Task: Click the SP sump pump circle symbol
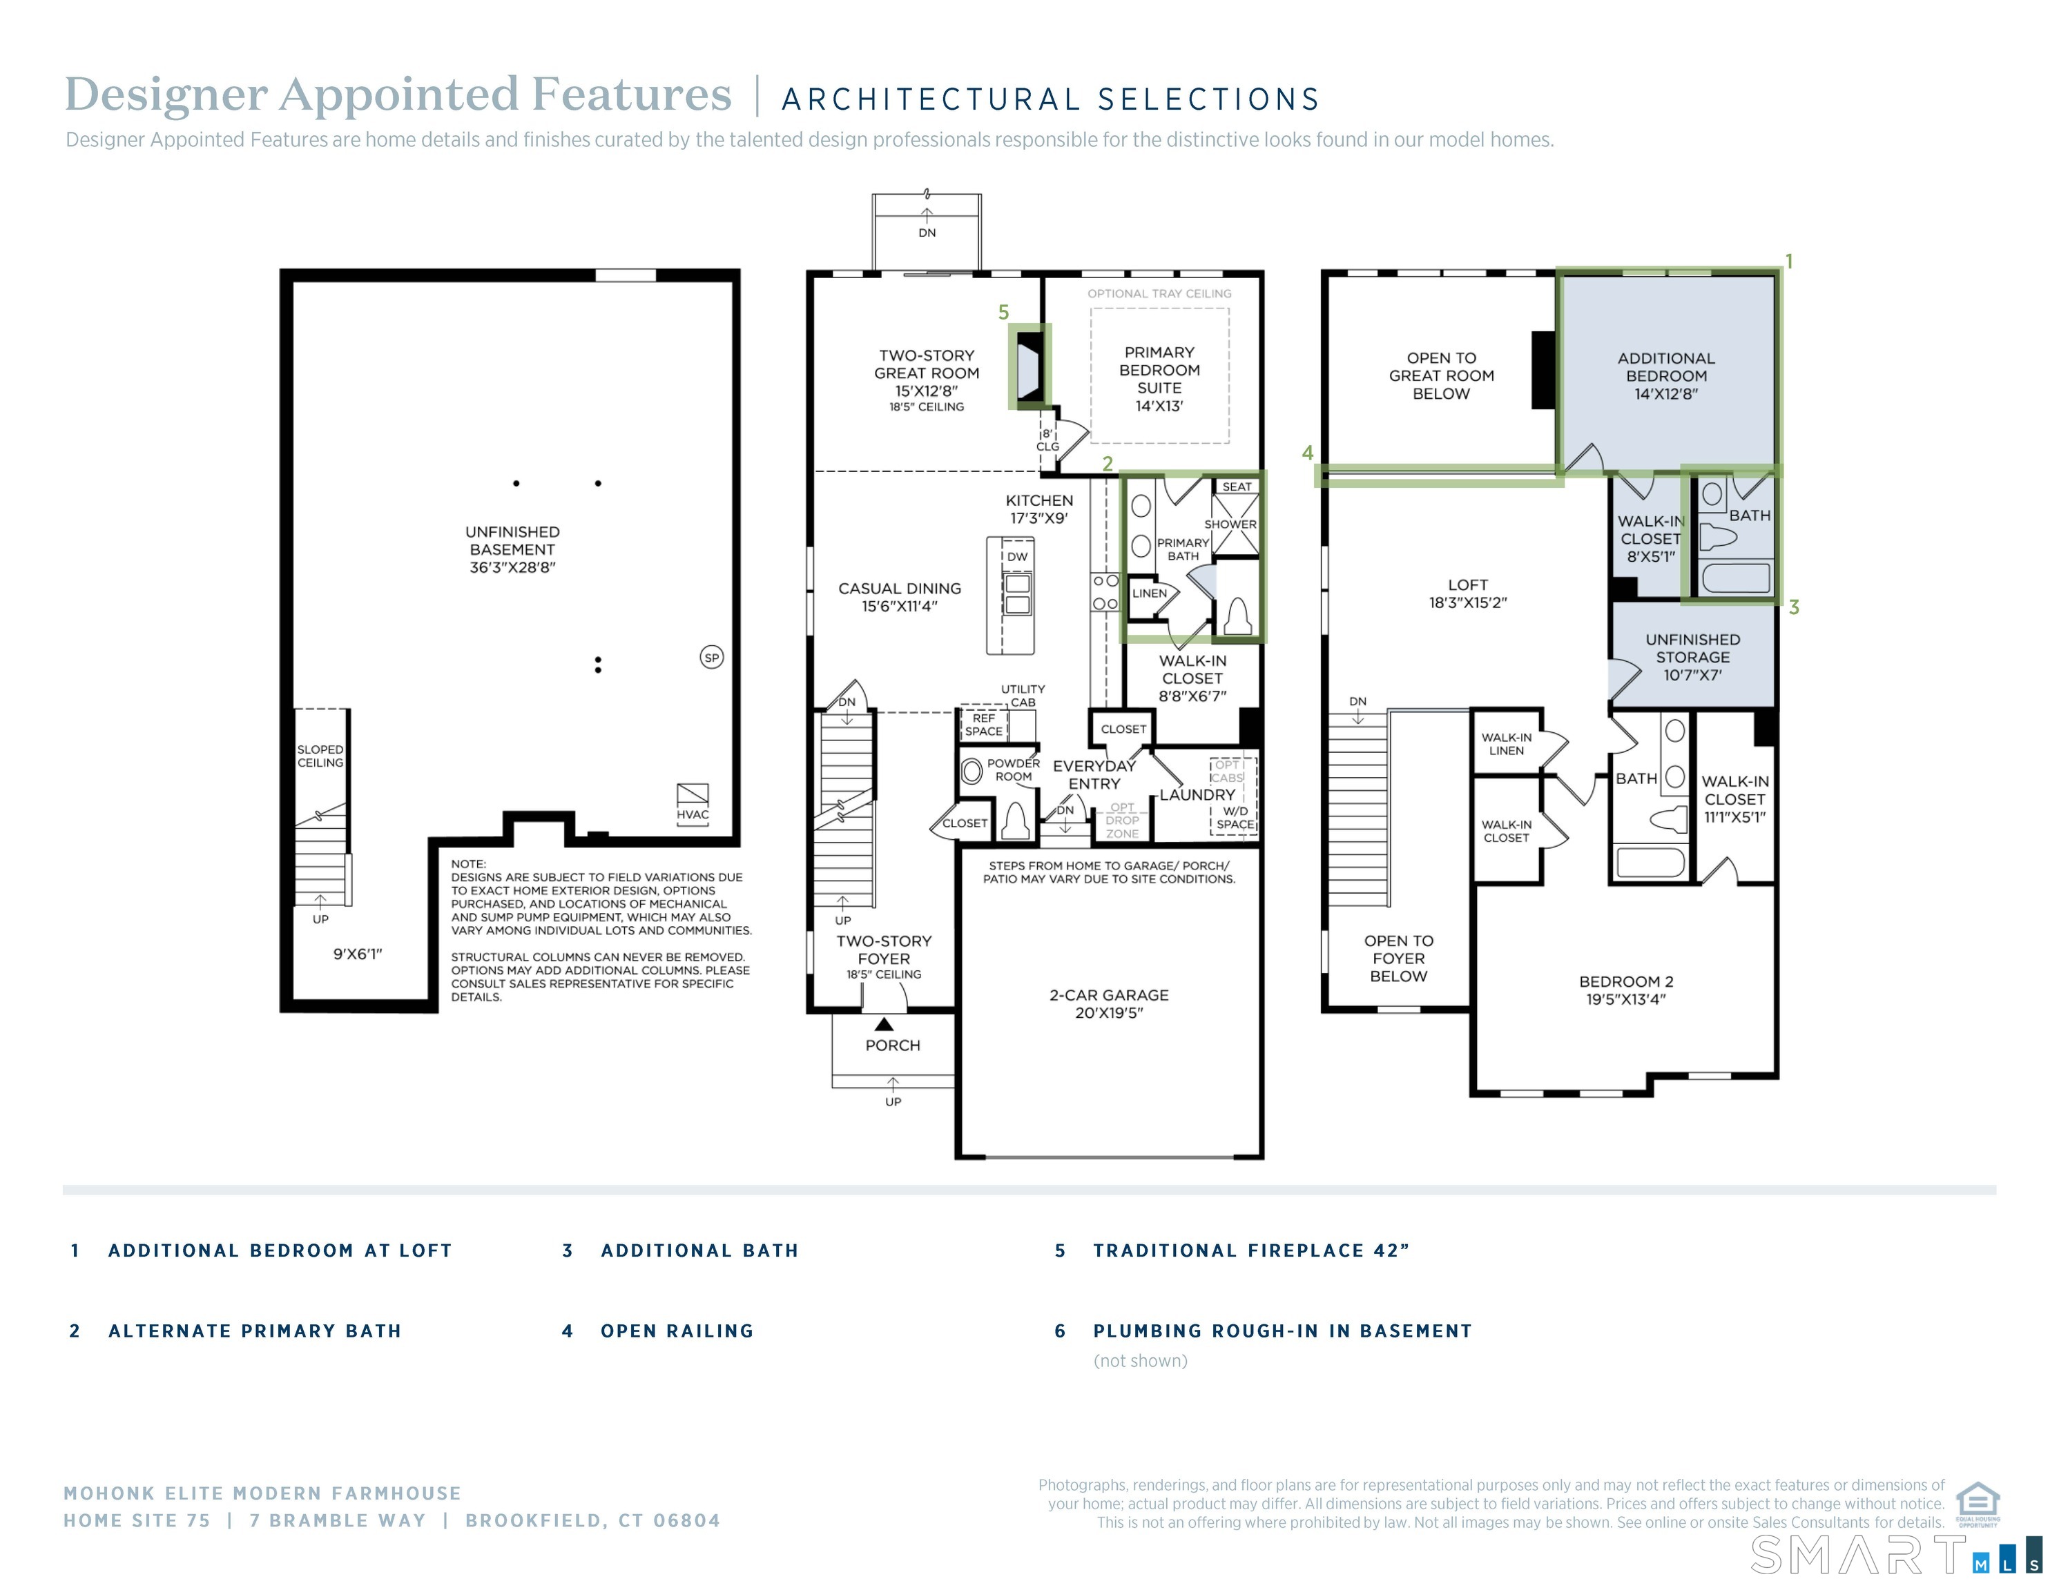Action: click(x=712, y=658)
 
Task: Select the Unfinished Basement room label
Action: click(x=512, y=549)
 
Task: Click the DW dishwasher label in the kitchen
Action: click(x=1017, y=557)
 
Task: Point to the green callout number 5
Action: click(x=1003, y=313)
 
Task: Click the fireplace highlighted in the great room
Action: click(x=1029, y=366)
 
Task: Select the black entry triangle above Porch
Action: click(x=883, y=1025)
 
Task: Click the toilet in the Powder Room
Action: click(x=1014, y=821)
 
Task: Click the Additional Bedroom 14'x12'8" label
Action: click(x=1666, y=376)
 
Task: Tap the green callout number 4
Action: click(x=1308, y=453)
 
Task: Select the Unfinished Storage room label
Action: click(x=1692, y=657)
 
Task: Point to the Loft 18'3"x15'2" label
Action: click(x=1467, y=593)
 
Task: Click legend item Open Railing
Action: click(x=677, y=1331)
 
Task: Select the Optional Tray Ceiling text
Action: click(x=1159, y=294)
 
